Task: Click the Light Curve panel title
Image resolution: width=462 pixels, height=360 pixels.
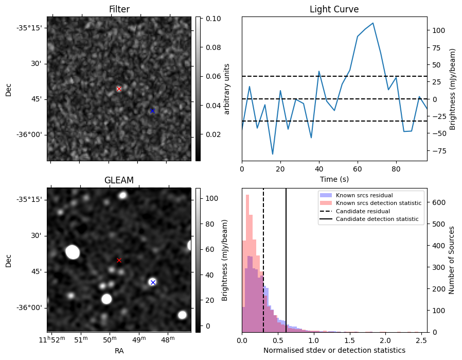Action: (x=334, y=9)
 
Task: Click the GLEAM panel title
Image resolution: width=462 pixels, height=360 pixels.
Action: (x=119, y=180)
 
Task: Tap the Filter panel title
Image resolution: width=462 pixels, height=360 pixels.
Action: (x=119, y=9)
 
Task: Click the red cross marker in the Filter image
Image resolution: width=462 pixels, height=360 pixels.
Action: (x=119, y=89)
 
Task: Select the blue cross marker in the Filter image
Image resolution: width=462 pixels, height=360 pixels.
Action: (x=152, y=111)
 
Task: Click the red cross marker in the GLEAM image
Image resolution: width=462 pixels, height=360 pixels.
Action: (x=119, y=260)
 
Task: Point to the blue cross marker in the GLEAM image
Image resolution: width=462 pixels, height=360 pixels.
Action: (x=152, y=282)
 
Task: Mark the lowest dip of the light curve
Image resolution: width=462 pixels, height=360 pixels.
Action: (x=273, y=154)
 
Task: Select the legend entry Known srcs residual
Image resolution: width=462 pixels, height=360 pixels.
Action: (x=364, y=195)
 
